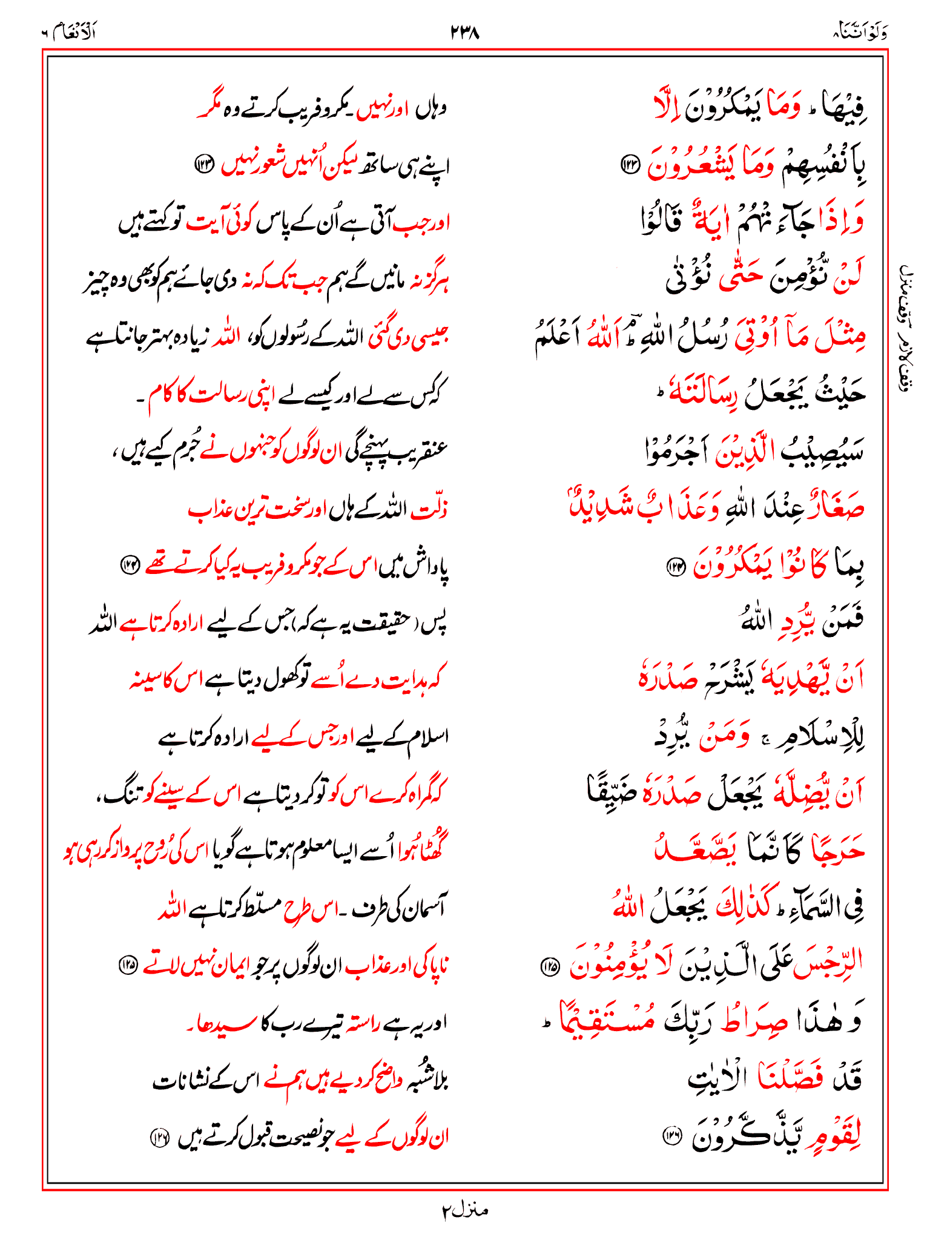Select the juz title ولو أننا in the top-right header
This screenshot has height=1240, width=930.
[860, 32]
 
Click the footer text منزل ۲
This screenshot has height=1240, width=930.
[464, 1210]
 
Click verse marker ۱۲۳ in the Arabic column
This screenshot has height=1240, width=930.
[631, 165]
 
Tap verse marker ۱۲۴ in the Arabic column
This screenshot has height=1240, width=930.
[676, 567]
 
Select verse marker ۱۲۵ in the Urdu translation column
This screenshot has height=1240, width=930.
[128, 965]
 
